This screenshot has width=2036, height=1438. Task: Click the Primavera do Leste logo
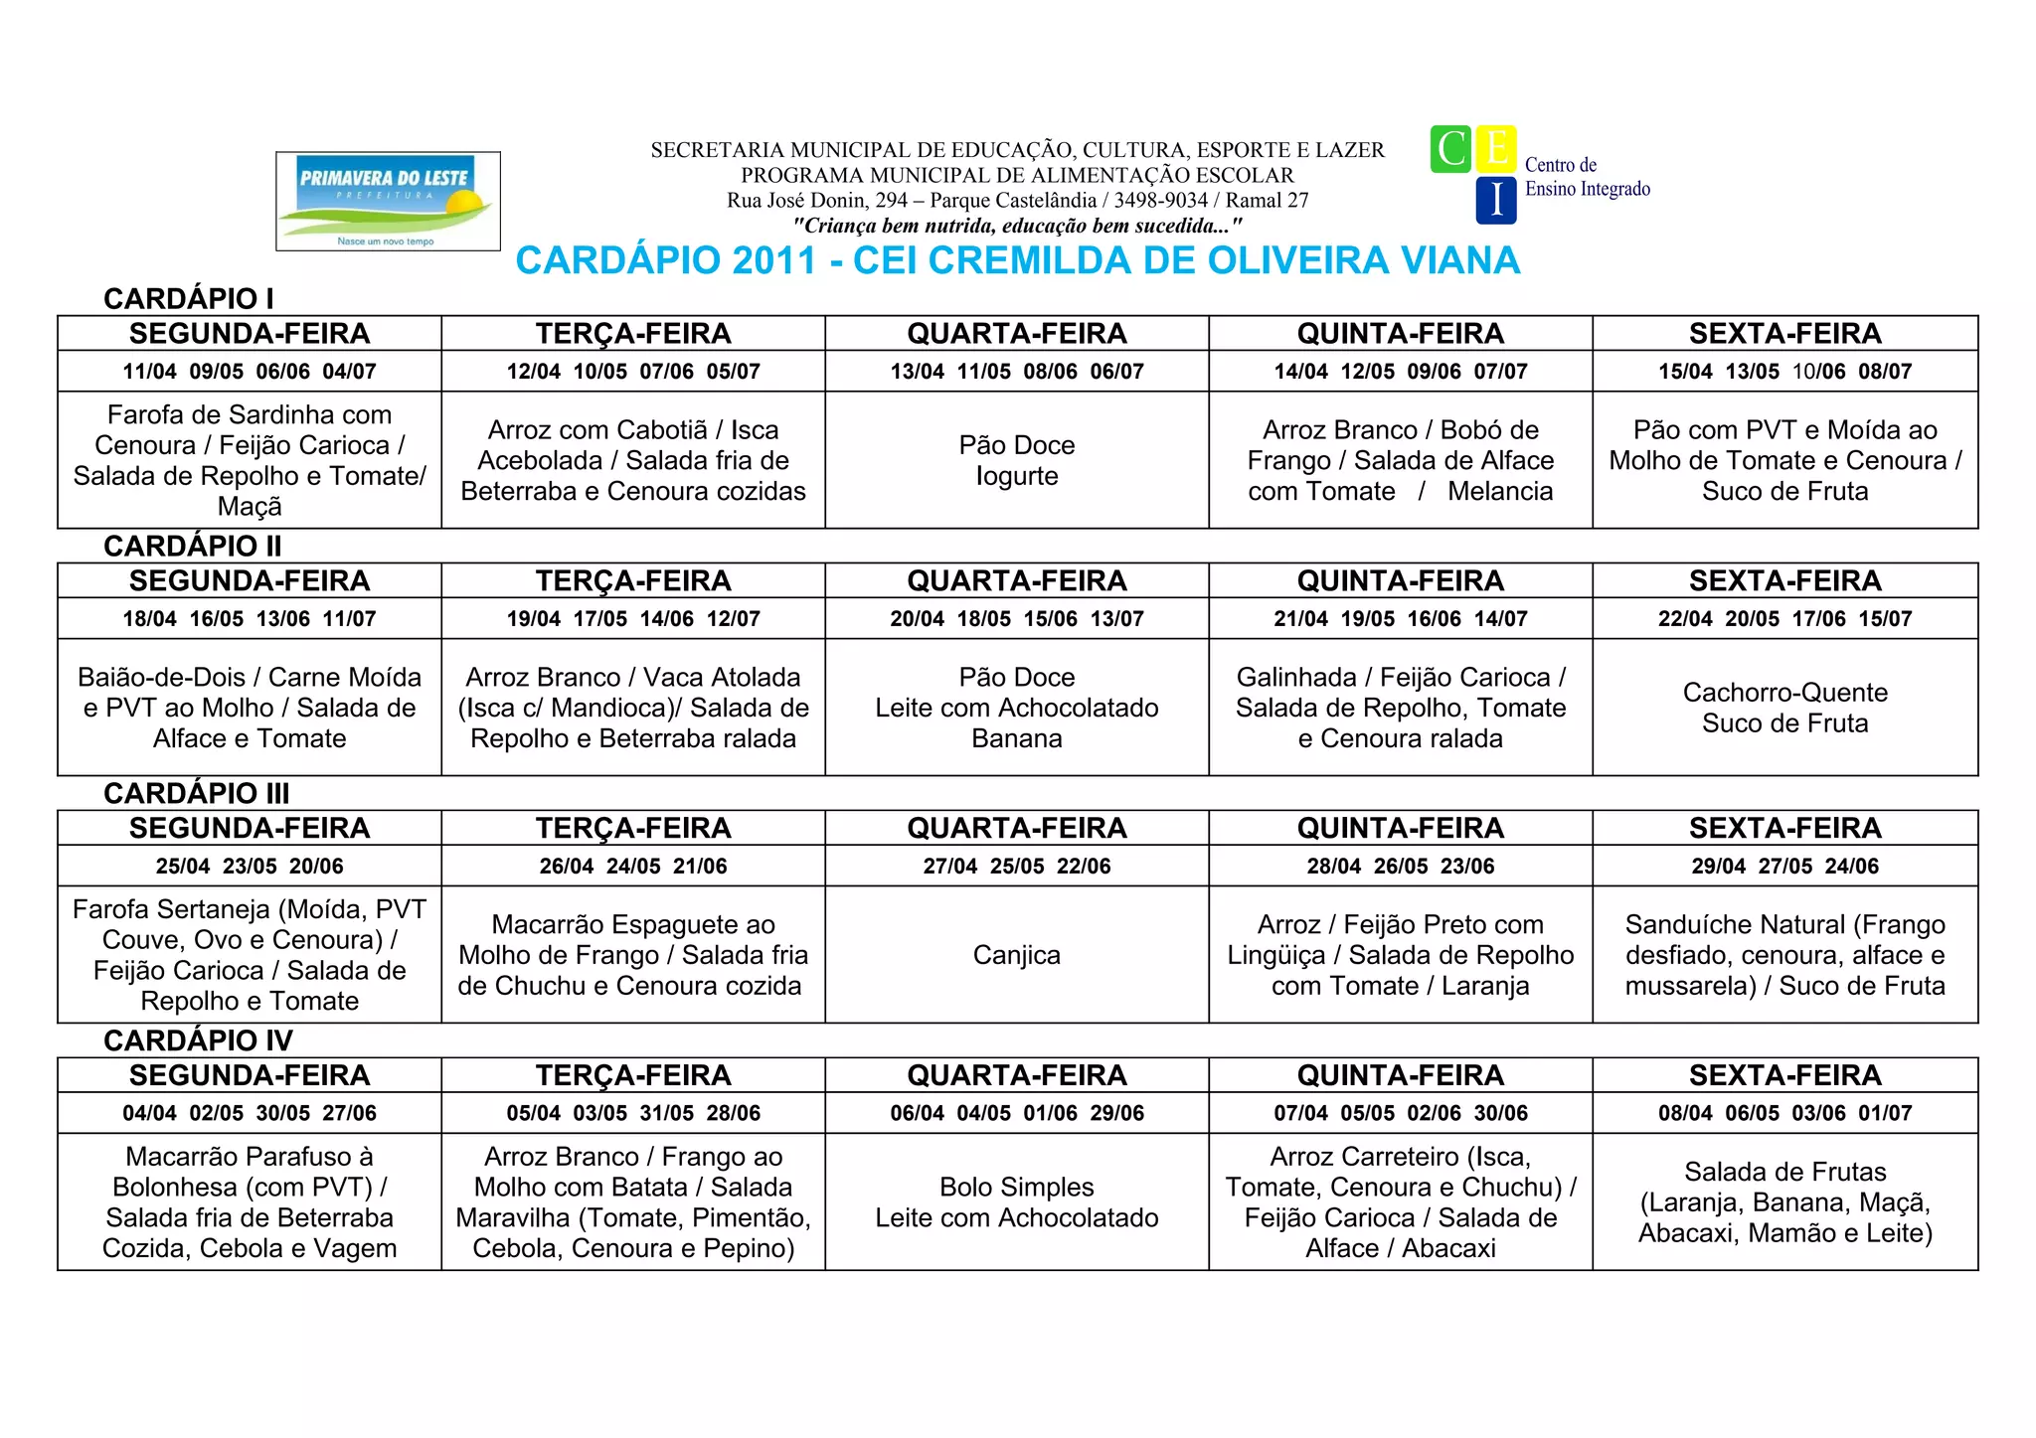[x=388, y=201]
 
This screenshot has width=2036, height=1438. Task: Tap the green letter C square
[x=1450, y=150]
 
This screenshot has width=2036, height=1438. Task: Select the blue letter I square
[x=1496, y=201]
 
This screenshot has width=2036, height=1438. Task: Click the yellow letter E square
[x=1496, y=150]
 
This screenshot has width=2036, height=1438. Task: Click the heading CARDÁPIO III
[x=197, y=793]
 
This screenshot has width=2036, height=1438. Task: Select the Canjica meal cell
[x=1017, y=955]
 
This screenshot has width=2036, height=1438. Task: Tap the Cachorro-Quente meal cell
[x=1784, y=708]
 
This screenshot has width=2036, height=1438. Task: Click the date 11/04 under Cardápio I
[x=149, y=372]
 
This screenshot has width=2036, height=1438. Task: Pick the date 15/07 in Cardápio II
[x=1885, y=619]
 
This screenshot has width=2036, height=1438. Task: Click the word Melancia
[x=1500, y=491]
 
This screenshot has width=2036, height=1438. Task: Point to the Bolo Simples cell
[x=1017, y=1201]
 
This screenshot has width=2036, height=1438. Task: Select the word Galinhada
[x=1296, y=677]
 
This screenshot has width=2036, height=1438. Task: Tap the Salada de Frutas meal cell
[x=1784, y=1201]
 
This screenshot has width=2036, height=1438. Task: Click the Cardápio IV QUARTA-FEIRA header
[x=1017, y=1075]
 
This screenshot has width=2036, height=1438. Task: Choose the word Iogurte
[x=1017, y=476]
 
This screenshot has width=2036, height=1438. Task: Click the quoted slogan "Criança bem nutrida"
[x=1017, y=226]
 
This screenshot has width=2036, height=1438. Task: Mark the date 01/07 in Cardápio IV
[x=1885, y=1113]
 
